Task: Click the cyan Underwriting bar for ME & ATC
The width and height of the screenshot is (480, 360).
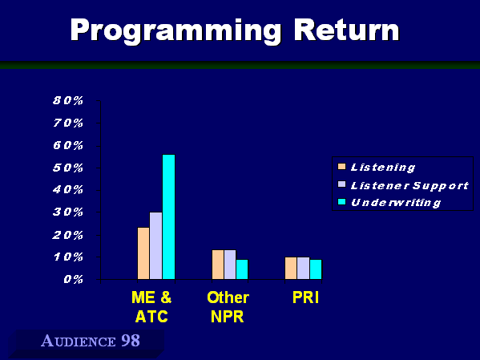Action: pyautogui.click(x=168, y=216)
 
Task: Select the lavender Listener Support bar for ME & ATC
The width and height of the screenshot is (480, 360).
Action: pyautogui.click(x=155, y=245)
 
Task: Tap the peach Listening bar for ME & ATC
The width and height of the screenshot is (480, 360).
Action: pyautogui.click(x=143, y=253)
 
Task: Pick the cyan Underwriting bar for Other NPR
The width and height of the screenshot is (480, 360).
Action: pyautogui.click(x=242, y=269)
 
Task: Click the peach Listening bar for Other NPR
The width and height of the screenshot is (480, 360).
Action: pyautogui.click(x=218, y=265)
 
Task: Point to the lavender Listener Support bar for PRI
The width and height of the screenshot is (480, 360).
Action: pyautogui.click(x=303, y=268)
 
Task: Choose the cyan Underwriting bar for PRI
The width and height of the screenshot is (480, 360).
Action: pyautogui.click(x=316, y=269)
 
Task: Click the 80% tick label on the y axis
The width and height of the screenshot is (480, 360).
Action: pyautogui.click(x=68, y=100)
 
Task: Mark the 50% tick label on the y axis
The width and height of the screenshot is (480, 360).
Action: pyautogui.click(x=68, y=168)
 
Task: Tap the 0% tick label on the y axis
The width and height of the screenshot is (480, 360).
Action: pyautogui.click(x=74, y=280)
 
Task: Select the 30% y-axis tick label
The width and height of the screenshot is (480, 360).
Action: pyautogui.click(x=68, y=212)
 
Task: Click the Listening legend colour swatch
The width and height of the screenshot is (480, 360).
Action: pyautogui.click(x=341, y=167)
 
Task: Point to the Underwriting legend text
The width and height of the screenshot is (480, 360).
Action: pyautogui.click(x=396, y=203)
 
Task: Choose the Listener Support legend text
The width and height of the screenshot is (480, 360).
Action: pyautogui.click(x=409, y=186)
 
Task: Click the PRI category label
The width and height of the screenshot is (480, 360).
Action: pyautogui.click(x=306, y=297)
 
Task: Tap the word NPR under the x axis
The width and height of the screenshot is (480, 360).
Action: pyautogui.click(x=227, y=317)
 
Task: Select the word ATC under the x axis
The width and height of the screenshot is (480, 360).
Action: pyautogui.click(x=151, y=317)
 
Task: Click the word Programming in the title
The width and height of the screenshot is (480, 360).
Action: pyautogui.click(x=175, y=31)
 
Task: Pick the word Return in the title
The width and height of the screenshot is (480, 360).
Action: pyautogui.click(x=346, y=30)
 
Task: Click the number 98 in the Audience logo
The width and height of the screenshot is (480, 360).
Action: pyautogui.click(x=131, y=341)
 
